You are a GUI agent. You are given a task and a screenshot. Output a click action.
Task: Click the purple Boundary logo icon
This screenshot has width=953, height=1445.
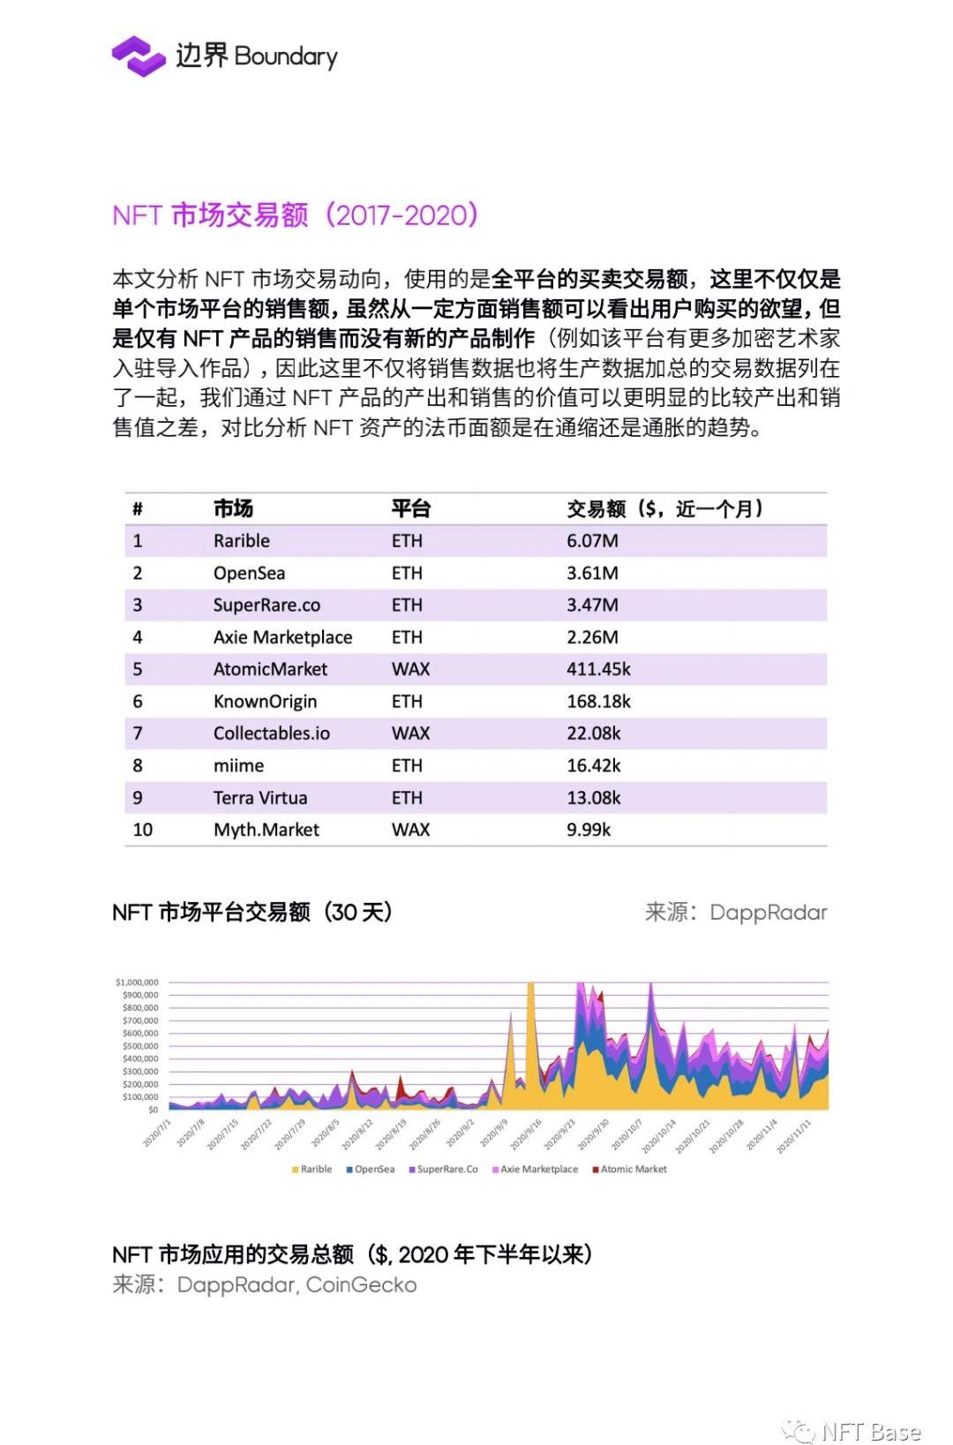click(x=139, y=56)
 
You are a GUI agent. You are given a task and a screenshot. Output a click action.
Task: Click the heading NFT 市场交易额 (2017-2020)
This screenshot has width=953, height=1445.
click(x=295, y=214)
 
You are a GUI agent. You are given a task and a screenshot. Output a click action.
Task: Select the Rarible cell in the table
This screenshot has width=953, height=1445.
click(x=242, y=541)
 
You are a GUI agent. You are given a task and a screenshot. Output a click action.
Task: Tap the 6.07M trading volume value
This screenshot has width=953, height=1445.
click(x=592, y=541)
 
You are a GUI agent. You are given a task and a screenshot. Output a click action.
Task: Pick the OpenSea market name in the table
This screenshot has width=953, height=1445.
click(x=249, y=573)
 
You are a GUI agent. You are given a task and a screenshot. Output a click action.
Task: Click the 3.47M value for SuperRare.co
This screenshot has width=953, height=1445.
click(x=592, y=605)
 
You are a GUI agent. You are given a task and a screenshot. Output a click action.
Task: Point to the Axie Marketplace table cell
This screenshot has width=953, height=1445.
click(x=282, y=637)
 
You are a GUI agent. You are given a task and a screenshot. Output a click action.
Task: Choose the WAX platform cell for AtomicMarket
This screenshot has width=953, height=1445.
click(x=410, y=669)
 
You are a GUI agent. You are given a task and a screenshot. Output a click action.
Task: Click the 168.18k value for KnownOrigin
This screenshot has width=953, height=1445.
click(x=598, y=701)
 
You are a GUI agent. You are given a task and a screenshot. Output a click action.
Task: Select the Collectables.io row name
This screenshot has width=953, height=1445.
click(x=271, y=734)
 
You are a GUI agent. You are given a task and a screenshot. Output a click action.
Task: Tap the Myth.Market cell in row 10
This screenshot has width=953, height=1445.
click(x=266, y=830)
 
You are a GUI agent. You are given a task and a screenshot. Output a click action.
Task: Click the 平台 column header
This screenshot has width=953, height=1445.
click(x=410, y=508)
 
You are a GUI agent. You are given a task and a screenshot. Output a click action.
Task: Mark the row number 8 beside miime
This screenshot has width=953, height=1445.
click(x=138, y=765)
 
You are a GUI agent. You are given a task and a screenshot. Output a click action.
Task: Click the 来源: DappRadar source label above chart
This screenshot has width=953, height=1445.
click(x=736, y=912)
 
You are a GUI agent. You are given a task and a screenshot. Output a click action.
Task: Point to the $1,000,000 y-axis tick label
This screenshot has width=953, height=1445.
click(x=137, y=982)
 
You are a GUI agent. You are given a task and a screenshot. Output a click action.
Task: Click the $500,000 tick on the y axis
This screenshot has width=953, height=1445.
click(x=140, y=1046)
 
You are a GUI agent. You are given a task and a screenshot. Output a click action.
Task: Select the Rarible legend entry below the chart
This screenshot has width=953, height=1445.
click(x=312, y=1169)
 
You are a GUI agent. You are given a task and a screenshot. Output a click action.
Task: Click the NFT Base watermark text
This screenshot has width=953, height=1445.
click(x=870, y=1431)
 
